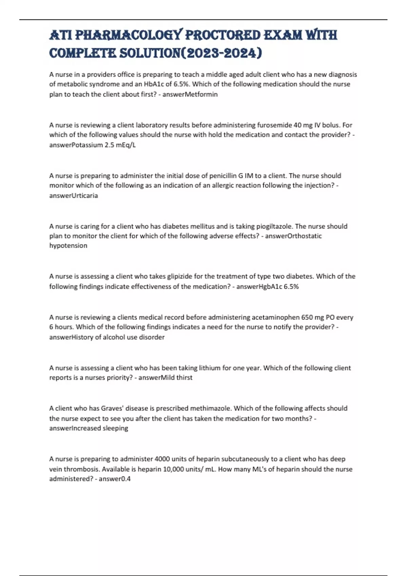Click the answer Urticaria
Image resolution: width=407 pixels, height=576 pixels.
pos(83,196)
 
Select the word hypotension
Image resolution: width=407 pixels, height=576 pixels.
pos(68,245)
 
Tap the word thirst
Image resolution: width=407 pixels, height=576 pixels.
pos(184,377)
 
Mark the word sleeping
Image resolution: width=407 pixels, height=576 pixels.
pos(115,428)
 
